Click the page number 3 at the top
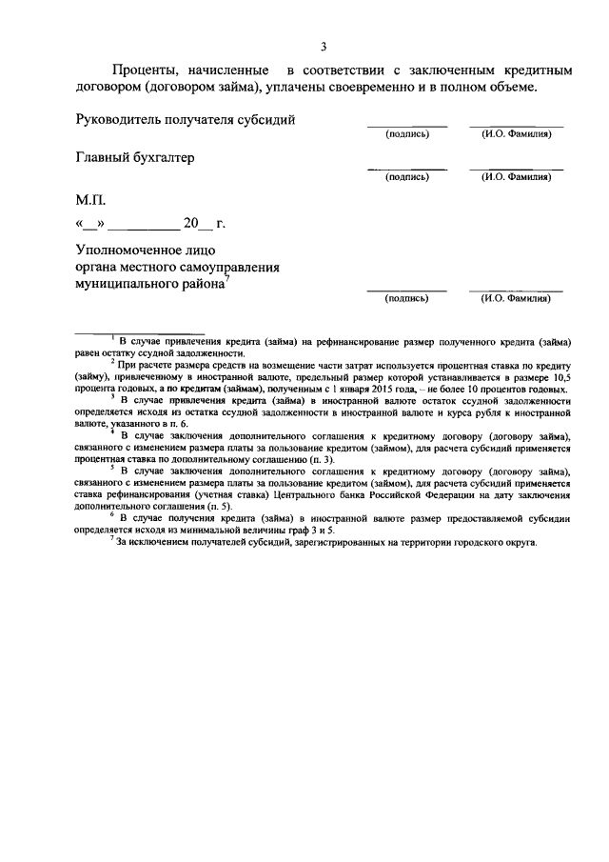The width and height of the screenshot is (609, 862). pos(324,47)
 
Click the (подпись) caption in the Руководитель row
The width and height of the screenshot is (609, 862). pos(406,133)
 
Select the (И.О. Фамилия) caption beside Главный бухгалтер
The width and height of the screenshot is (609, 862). pos(516,176)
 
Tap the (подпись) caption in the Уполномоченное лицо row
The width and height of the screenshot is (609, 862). pos(406,298)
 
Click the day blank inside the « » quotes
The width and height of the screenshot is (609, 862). pos(91,226)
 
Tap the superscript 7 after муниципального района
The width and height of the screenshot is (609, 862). pos(228,279)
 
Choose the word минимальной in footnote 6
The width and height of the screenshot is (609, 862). pos(215,529)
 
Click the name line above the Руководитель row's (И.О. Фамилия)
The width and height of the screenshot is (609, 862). pos(516,126)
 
